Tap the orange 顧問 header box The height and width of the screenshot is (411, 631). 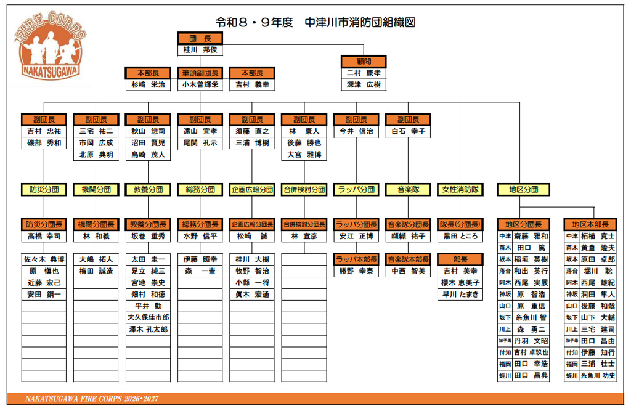point(364,61)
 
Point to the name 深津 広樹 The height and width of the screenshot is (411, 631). point(364,85)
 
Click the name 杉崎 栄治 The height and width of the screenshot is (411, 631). point(148,85)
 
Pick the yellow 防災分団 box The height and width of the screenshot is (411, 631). point(44,189)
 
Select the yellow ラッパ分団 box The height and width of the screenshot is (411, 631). point(356,189)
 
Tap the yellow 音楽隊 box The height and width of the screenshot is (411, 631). point(408,189)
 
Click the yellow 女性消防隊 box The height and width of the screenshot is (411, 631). point(460,189)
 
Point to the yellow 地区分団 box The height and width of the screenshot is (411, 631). point(523,189)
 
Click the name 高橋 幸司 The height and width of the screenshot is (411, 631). point(44,236)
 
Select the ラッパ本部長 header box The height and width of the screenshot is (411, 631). point(356,259)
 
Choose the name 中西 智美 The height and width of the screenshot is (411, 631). point(408,271)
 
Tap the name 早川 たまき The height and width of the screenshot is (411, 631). point(460,294)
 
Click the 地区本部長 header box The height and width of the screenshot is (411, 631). point(590,224)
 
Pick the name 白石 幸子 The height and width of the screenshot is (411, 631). point(408,131)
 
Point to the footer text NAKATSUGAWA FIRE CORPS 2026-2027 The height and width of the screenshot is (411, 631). point(92,399)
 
